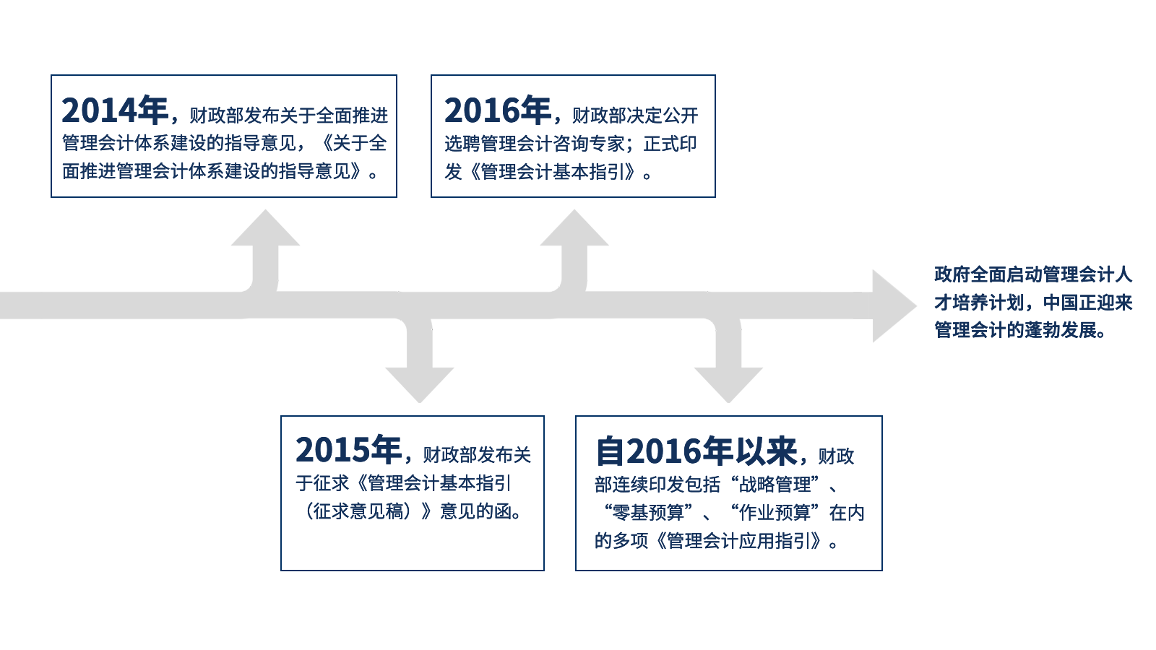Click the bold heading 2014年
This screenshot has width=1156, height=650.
115,110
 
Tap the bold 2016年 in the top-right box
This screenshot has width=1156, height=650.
498,110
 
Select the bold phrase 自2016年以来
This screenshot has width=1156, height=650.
697,451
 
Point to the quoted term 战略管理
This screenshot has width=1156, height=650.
775,485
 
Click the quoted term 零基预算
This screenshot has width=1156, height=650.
648,513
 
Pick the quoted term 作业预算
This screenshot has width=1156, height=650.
775,513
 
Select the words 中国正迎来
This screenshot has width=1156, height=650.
1087,303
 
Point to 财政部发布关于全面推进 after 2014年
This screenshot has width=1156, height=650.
289,116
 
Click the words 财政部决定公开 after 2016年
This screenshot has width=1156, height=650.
636,116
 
